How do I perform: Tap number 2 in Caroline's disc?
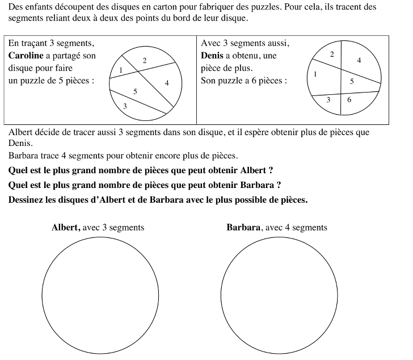coord(144,60)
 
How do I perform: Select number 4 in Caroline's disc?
coord(167,83)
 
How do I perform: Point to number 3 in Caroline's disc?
coord(125,106)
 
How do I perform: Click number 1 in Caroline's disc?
coord(121,70)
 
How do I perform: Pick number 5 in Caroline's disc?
coord(135,91)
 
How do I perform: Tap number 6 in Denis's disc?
coord(349,99)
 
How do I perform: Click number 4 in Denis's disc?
coord(359,60)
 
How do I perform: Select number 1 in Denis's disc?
coord(315,74)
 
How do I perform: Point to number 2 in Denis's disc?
coord(332,54)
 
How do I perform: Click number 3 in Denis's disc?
coord(328,100)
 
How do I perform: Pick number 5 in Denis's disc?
coord(352,81)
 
